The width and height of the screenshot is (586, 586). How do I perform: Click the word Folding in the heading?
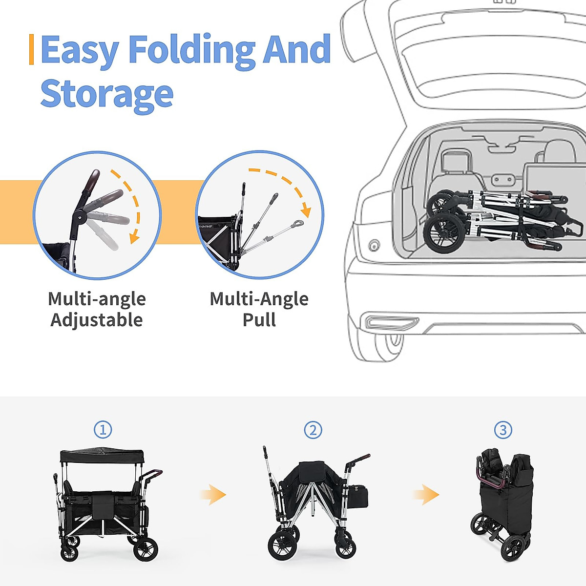(x=191, y=50)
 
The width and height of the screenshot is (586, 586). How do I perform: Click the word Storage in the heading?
(x=107, y=94)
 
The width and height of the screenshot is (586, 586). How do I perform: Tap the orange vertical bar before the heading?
(x=32, y=49)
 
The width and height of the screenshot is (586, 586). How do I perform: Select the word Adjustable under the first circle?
(x=97, y=320)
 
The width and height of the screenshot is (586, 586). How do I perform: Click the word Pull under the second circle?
(x=259, y=320)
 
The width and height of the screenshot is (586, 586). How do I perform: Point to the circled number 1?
(x=103, y=430)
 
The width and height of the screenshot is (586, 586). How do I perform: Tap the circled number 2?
(x=313, y=430)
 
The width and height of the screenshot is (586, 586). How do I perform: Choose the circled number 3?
(x=503, y=430)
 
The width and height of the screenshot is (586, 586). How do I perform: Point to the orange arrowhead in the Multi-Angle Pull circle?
(x=306, y=211)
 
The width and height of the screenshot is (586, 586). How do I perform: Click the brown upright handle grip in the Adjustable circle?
(x=91, y=181)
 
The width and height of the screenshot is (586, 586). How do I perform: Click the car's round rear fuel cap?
(x=375, y=245)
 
